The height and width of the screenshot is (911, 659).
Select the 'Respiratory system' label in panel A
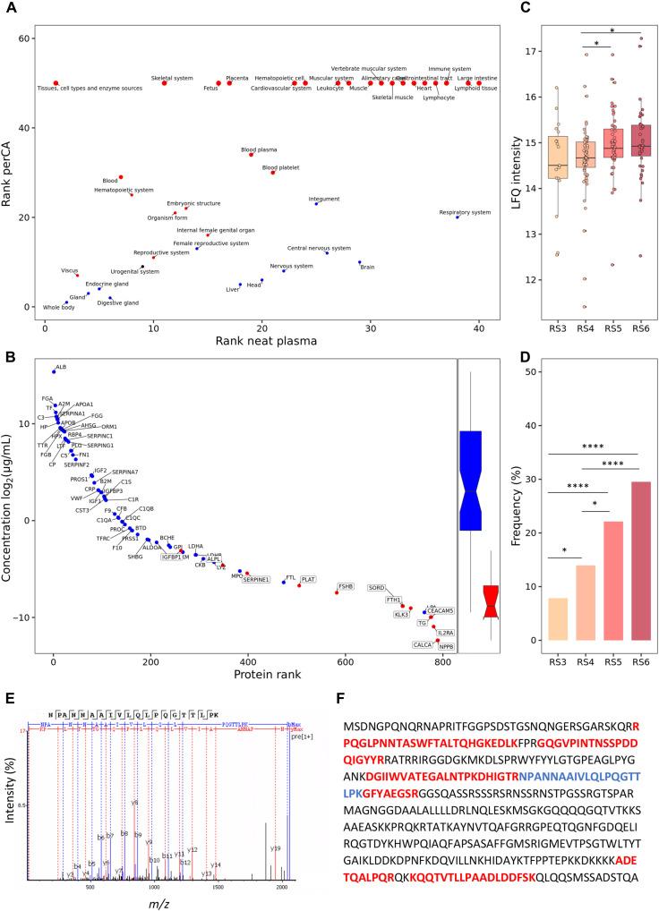pos(465,212)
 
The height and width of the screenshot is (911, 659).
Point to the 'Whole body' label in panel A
pos(58,308)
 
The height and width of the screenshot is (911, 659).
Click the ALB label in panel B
pos(61,367)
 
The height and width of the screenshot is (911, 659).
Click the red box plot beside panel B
pos(491,600)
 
